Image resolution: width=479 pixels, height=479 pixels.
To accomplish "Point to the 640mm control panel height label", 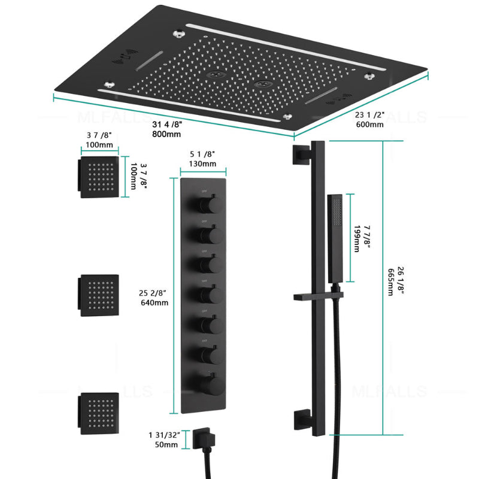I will pyautogui.click(x=154, y=302).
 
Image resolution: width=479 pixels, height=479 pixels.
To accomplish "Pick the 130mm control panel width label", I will pyautogui.click(x=202, y=164).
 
